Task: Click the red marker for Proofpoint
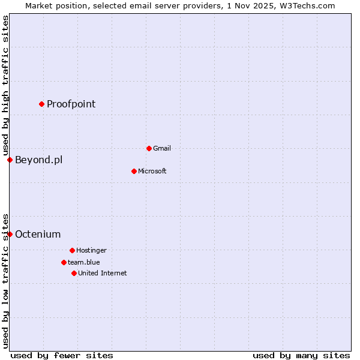[x=41, y=104]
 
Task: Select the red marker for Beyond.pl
[x=10, y=160]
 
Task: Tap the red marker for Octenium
[x=10, y=234]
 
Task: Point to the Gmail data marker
[x=149, y=148]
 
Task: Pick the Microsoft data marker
[x=134, y=171]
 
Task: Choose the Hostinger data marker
[x=72, y=250]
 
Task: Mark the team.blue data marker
[x=64, y=262]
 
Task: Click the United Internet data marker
[x=74, y=273]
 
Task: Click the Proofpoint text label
[x=71, y=104]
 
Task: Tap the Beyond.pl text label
[x=38, y=160]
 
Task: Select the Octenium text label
[x=38, y=234]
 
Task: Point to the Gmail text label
[x=162, y=148]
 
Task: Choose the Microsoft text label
[x=152, y=171]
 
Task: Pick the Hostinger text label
[x=91, y=250]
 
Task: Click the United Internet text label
[x=103, y=273]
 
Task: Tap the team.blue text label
[x=84, y=262]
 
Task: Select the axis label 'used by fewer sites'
[x=62, y=355]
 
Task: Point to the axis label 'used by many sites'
[x=301, y=355]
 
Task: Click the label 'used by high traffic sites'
[x=5, y=85]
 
